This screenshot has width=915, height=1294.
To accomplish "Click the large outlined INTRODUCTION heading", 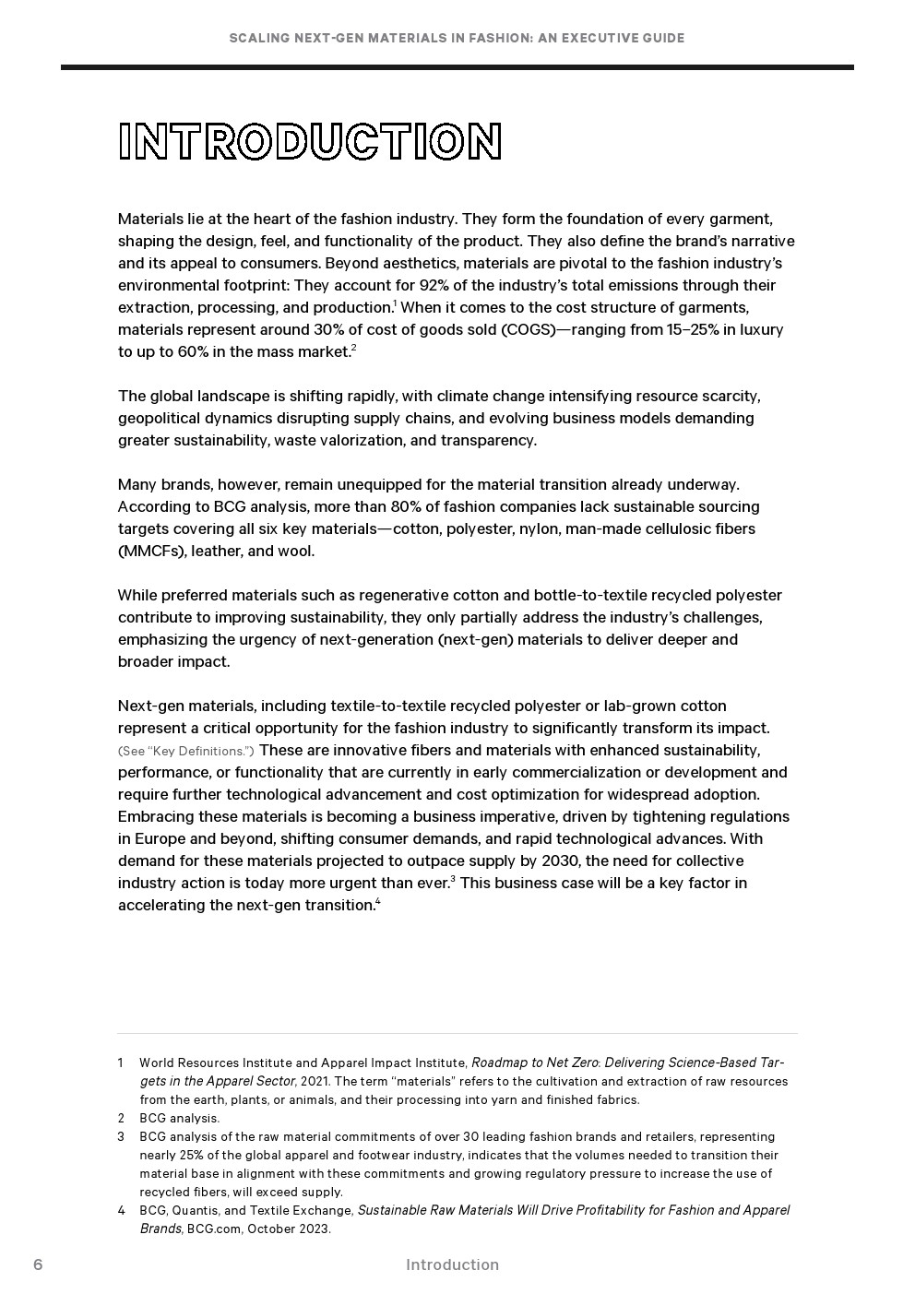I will (x=310, y=142).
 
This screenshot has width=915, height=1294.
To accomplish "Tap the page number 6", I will (x=38, y=1264).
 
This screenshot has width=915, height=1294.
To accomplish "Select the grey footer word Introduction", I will (x=452, y=1264).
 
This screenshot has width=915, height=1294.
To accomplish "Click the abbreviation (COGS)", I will (x=528, y=329).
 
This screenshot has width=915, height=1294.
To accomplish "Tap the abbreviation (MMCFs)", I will (x=151, y=551).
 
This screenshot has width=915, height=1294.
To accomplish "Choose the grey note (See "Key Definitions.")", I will (x=185, y=751).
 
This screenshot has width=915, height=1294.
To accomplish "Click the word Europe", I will (x=160, y=838).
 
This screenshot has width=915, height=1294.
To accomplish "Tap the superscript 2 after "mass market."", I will (x=353, y=347).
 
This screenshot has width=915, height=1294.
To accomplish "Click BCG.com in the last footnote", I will (x=213, y=1229).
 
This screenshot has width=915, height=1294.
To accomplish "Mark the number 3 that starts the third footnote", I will (x=121, y=1136).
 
